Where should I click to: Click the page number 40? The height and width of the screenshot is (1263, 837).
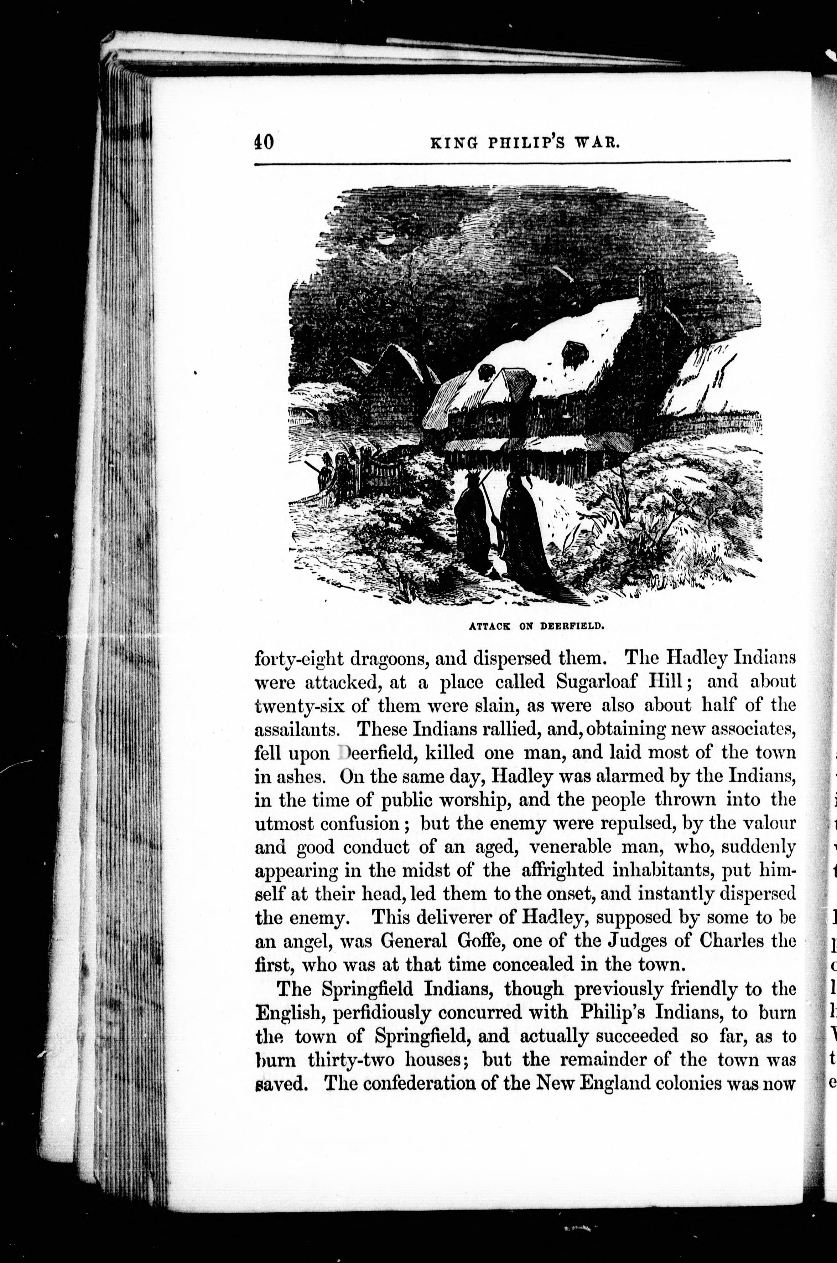point(264,143)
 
